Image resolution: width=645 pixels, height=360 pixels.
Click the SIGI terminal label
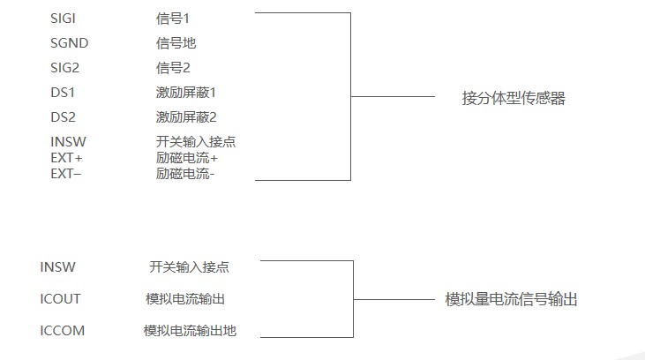coord(64,18)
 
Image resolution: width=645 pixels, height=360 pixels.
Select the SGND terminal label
coord(69,42)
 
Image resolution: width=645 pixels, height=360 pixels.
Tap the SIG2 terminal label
coord(64,67)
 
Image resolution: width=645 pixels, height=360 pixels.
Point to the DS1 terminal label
coord(64,92)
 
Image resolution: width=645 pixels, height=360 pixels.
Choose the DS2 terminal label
coord(64,116)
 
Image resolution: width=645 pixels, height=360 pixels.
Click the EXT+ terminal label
coord(66,158)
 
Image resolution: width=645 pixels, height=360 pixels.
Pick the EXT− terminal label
coord(66,174)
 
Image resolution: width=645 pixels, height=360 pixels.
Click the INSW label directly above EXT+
coord(68,142)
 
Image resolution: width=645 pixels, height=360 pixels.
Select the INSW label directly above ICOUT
coord(57,266)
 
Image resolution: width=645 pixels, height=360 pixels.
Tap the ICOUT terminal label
coord(60,298)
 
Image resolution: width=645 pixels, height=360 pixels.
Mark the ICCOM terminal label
coord(63,331)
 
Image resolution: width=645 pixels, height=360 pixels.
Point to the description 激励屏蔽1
coord(186,92)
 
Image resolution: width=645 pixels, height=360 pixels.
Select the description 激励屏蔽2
coord(186,116)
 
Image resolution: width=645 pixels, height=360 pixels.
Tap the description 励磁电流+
coord(186,158)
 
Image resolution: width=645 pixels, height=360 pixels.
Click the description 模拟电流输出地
coord(190,331)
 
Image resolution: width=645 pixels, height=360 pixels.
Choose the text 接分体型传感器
coord(514,98)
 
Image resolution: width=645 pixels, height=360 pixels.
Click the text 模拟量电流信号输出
coord(512,299)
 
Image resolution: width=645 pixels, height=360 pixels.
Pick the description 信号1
coord(172,18)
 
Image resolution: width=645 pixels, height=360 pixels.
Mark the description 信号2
coord(172,67)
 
